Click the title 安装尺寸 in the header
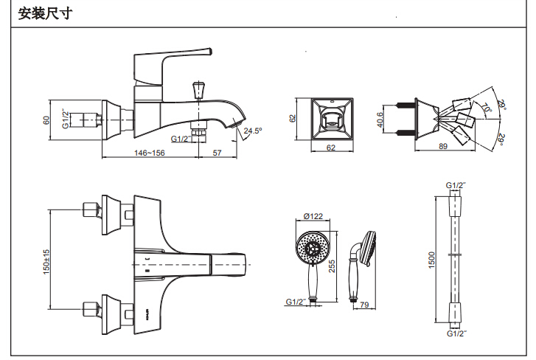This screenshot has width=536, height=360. tap(45, 13)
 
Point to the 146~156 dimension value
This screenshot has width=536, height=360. tap(149, 153)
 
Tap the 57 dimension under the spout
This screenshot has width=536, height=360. tap(217, 153)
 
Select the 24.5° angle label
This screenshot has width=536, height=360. tap(253, 131)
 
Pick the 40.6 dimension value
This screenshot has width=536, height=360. tap(380, 119)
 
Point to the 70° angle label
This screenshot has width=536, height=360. tap(486, 108)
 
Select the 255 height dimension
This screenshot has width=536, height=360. tap(333, 266)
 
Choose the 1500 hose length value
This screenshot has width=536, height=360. tap(433, 260)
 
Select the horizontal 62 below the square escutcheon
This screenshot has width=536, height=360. tap(330, 148)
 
